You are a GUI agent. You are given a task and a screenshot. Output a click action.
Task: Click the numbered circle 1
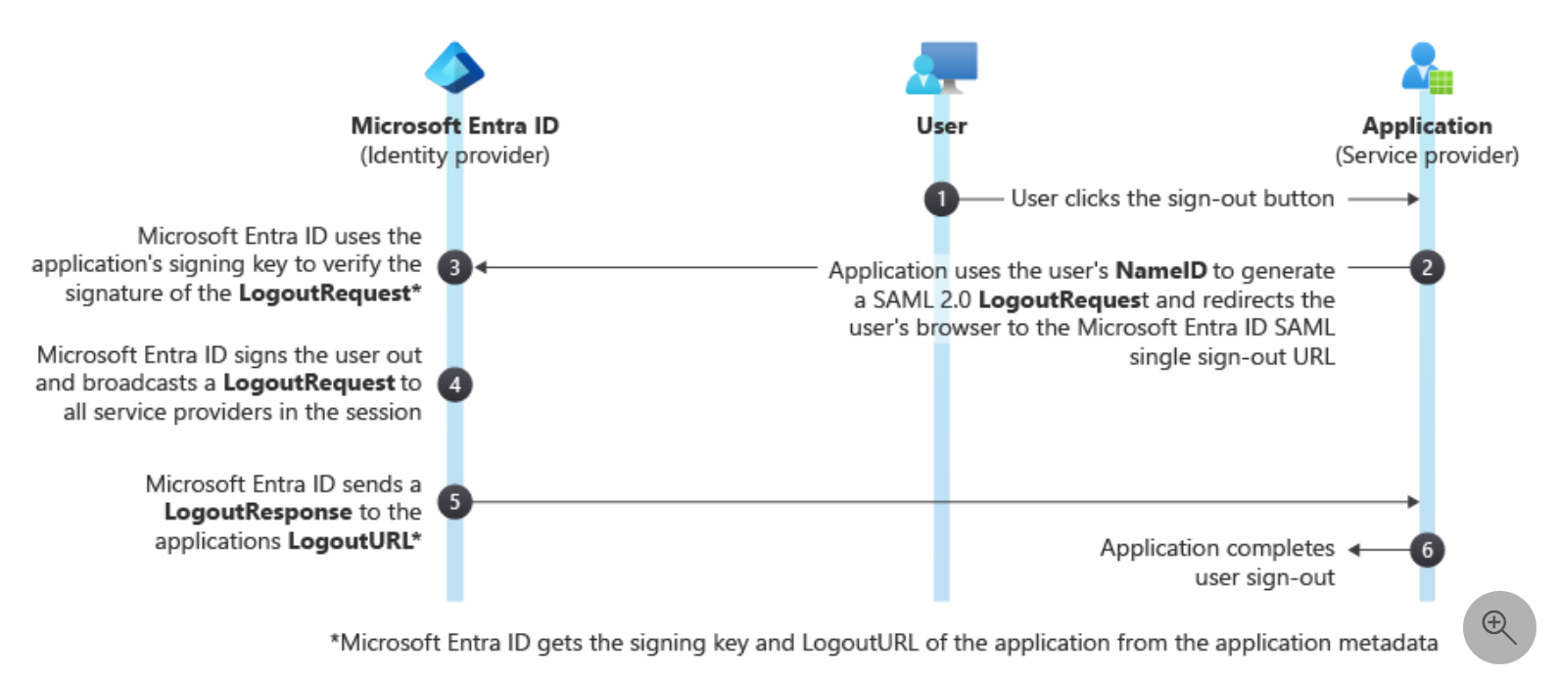click(941, 200)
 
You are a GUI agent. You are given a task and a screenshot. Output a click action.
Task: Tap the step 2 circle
click(1427, 268)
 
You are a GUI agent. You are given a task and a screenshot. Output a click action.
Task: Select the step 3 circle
click(454, 267)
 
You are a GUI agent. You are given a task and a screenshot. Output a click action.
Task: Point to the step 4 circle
click(454, 385)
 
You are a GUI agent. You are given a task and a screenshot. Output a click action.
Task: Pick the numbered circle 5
click(454, 502)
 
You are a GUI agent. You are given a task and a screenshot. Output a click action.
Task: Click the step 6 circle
click(1427, 550)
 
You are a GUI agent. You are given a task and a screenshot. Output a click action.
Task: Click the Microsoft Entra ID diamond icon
click(454, 68)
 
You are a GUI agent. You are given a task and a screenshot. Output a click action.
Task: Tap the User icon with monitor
click(941, 68)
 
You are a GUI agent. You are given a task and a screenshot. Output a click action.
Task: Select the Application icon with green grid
click(1427, 68)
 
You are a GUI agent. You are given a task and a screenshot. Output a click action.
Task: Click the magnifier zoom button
click(1498, 627)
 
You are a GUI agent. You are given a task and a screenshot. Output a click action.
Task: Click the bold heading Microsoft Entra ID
click(454, 126)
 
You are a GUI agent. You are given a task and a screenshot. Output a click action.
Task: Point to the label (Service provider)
click(1427, 156)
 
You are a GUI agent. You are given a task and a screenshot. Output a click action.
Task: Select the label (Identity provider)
click(454, 156)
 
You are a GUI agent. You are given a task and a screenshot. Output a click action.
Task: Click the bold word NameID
click(1160, 271)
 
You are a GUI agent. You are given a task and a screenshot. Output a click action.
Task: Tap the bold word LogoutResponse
click(258, 513)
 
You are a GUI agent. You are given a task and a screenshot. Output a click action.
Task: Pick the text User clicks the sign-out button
click(1172, 199)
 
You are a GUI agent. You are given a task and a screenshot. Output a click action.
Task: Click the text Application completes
click(1216, 548)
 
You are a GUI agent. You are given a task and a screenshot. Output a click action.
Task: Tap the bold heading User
click(941, 126)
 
